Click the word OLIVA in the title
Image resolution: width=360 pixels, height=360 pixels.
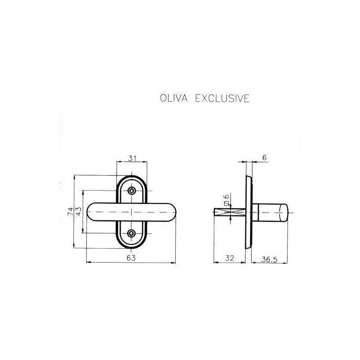[x=174, y=98]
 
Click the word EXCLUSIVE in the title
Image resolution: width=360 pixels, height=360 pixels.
[x=222, y=98]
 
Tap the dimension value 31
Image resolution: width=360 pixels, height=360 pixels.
[x=132, y=158]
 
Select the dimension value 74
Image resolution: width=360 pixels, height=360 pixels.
[x=71, y=211]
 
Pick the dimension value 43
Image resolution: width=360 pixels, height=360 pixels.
[x=79, y=211]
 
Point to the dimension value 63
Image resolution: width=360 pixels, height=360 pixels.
[x=131, y=258]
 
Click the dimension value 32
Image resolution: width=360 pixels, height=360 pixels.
[x=229, y=258]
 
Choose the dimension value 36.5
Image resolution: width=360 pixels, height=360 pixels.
[x=269, y=259]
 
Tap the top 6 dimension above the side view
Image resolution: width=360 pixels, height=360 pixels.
[x=264, y=158]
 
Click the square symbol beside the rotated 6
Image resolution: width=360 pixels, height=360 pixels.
[x=227, y=204]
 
